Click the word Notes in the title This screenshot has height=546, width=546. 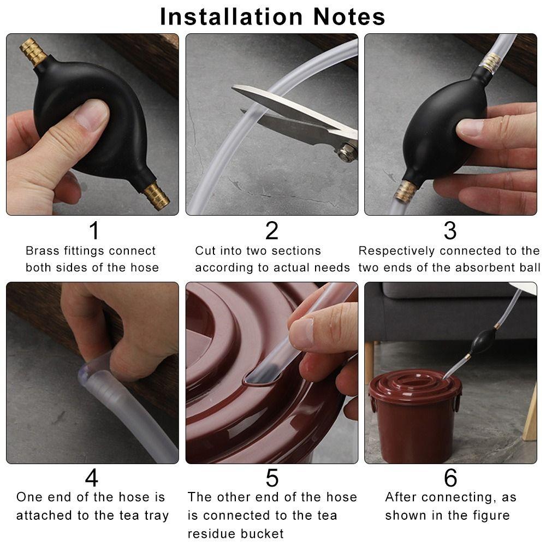349,16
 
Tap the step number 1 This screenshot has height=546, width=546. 94,230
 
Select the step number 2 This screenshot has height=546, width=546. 271,230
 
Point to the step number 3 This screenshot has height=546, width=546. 449,230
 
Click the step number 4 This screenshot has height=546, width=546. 92,478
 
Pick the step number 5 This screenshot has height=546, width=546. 271,478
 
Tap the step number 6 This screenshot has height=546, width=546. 450,478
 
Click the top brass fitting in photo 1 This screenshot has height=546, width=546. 34,52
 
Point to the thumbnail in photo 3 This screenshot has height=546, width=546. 471,128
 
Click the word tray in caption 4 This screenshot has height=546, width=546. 155,515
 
